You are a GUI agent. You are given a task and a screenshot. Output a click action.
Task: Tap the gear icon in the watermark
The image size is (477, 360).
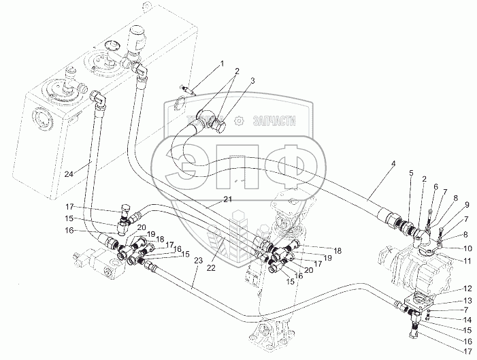(239, 120)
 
